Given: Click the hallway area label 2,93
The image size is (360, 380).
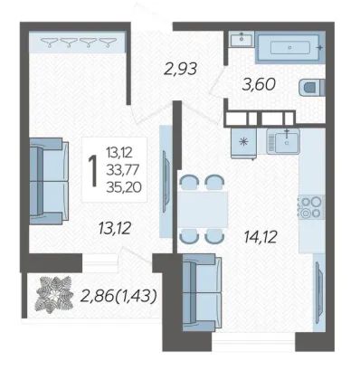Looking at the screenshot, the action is pyautogui.click(x=180, y=69).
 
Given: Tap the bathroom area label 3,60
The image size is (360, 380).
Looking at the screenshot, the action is pyautogui.click(x=259, y=84).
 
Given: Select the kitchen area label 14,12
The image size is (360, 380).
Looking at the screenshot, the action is pyautogui.click(x=261, y=237).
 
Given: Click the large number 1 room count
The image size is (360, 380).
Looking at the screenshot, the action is pyautogui.click(x=93, y=171).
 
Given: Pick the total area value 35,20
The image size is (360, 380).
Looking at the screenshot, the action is pyautogui.click(x=124, y=187).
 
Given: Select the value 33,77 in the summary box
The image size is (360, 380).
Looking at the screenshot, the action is pyautogui.click(x=122, y=170).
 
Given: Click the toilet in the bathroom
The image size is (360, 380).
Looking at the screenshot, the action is pyautogui.click(x=312, y=88).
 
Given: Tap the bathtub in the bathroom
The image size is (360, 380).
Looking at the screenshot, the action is pyautogui.click(x=290, y=48).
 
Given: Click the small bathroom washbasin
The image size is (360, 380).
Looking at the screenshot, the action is pyautogui.click(x=242, y=40).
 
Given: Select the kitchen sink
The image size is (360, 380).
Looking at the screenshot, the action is pyautogui.click(x=283, y=140).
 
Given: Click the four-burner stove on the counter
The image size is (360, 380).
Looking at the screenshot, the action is pyautogui.click(x=311, y=207).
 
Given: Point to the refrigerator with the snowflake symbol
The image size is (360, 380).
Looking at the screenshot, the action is pyautogui.click(x=243, y=143).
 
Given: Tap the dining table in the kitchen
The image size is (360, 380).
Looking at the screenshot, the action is pyautogui.click(x=203, y=209).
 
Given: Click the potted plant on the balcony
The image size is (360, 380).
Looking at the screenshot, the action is pyautogui.click(x=54, y=294).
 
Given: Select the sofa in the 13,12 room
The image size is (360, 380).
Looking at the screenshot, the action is pyautogui.click(x=49, y=181).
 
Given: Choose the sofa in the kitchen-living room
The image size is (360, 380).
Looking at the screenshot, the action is pyautogui.click(x=202, y=292).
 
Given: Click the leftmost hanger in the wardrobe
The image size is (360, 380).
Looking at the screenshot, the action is pyautogui.click(x=50, y=42).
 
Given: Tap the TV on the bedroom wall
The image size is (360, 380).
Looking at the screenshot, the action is pyautogui.click(x=166, y=182).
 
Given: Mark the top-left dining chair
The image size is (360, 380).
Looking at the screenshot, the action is pyautogui.click(x=189, y=182).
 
